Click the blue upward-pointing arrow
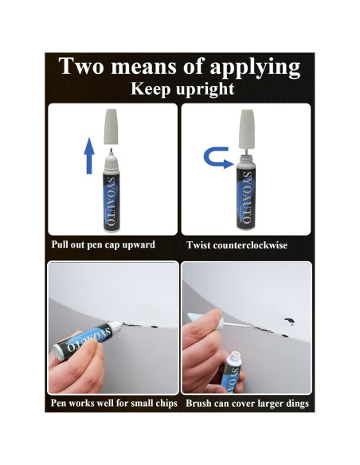[89, 156]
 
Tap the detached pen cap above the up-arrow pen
[111, 127]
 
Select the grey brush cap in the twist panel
[247, 129]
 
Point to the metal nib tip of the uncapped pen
[112, 150]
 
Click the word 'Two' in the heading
[81, 66]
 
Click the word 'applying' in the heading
[255, 68]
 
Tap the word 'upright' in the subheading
[205, 89]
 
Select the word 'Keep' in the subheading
[151, 89]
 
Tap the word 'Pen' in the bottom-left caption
[59, 403]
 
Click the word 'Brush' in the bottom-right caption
[198, 404]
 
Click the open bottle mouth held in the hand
[236, 355]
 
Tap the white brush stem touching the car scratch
[237, 326]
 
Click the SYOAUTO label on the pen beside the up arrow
[111, 201]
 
